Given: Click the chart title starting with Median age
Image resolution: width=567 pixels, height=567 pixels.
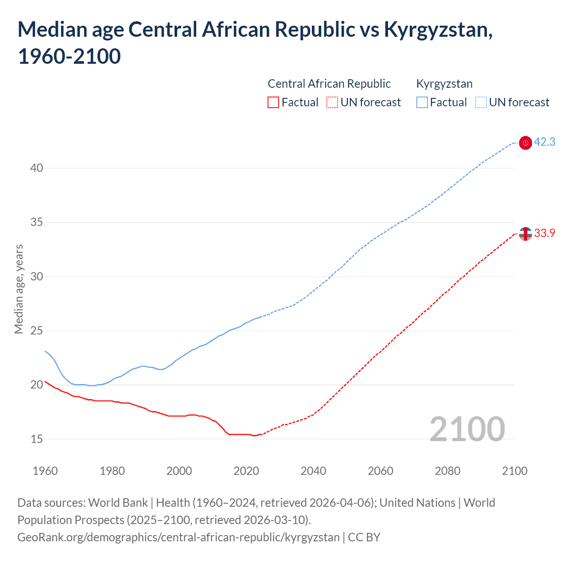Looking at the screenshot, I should pos(255,43).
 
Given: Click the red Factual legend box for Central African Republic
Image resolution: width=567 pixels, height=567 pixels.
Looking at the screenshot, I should pos(273,102).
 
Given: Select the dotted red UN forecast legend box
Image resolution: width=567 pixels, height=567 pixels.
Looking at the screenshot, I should pos(332,102).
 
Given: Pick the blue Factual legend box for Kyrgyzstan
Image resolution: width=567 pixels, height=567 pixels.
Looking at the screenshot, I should pos(422,102).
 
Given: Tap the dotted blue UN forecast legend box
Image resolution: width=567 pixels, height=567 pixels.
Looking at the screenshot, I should pos(481,102).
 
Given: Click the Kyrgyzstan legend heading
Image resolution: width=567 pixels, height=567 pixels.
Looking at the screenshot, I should pos(444,84).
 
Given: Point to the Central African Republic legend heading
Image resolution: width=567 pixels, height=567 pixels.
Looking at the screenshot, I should pos(329,84).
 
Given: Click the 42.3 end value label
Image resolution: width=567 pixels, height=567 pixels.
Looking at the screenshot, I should pos(544,142).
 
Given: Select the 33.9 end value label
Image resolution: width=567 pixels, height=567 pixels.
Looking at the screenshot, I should pos(544,233).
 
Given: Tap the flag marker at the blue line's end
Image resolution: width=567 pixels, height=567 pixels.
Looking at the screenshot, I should pos(525,143).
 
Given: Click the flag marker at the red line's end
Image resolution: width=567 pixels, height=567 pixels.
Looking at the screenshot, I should pos(525,233).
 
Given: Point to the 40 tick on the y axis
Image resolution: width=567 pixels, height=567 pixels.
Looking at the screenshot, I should pos(37,168).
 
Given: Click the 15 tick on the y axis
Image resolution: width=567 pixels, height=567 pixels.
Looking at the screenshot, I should pos(37,439).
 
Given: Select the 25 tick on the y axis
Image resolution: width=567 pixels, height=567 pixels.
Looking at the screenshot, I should pos(37,330).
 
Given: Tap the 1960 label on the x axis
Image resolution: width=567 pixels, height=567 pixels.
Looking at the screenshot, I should pos(45,471).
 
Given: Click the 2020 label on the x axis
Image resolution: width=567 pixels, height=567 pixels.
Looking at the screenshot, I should pos(246,471).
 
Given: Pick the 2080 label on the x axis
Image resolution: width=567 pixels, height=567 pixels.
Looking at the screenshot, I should pos(447,471).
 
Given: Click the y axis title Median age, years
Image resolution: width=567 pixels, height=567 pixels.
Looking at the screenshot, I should pos(19,289).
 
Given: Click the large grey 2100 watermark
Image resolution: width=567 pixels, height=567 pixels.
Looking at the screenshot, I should pos(467,429).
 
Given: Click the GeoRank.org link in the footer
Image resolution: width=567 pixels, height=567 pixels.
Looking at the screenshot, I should pos(178,537).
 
